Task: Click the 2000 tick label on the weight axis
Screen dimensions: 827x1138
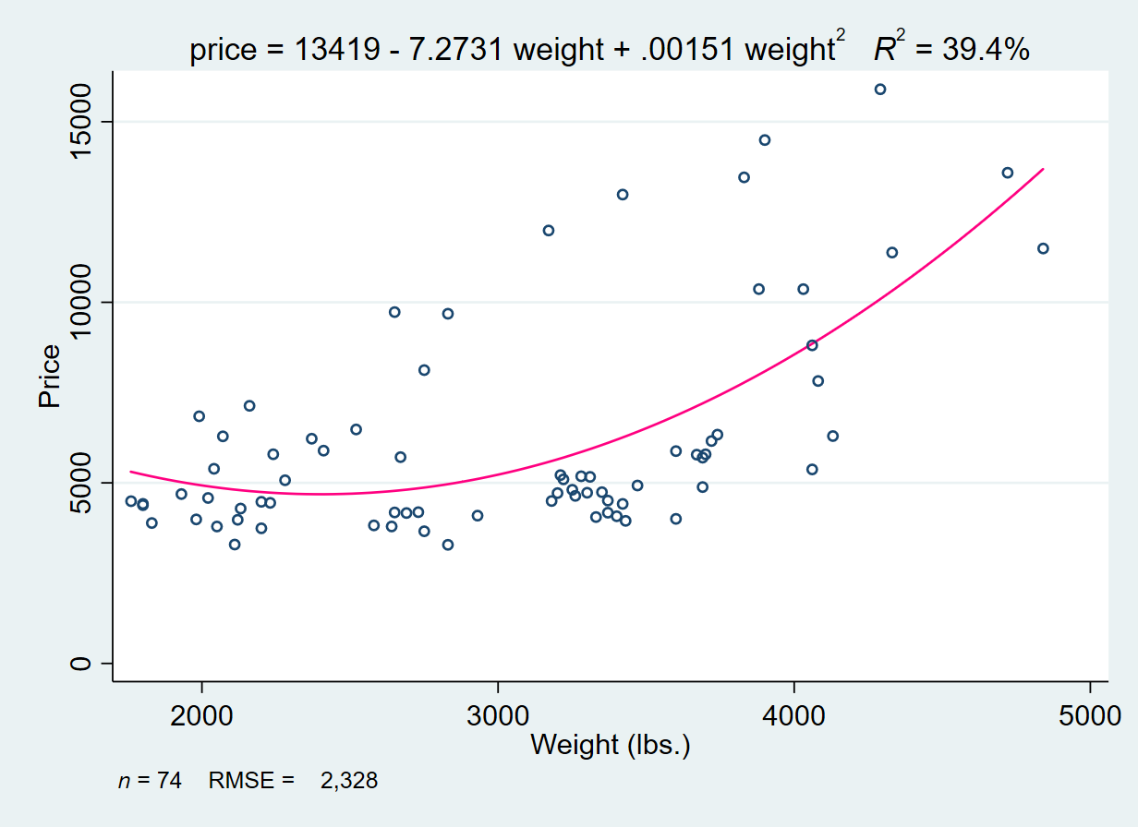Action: [201, 716]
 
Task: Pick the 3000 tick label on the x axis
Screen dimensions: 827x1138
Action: [498, 716]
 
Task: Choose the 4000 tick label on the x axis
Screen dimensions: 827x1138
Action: [794, 716]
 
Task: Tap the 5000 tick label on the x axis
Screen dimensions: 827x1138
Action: [1090, 716]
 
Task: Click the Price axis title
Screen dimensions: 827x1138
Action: [50, 376]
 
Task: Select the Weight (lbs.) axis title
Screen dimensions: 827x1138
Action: [611, 744]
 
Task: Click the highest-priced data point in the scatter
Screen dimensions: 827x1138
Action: [880, 90]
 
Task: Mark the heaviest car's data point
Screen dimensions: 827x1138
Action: [1043, 248]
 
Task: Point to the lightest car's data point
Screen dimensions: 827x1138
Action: [131, 501]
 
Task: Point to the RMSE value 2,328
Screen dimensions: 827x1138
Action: [349, 781]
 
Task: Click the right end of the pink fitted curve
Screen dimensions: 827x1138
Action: [1043, 169]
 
